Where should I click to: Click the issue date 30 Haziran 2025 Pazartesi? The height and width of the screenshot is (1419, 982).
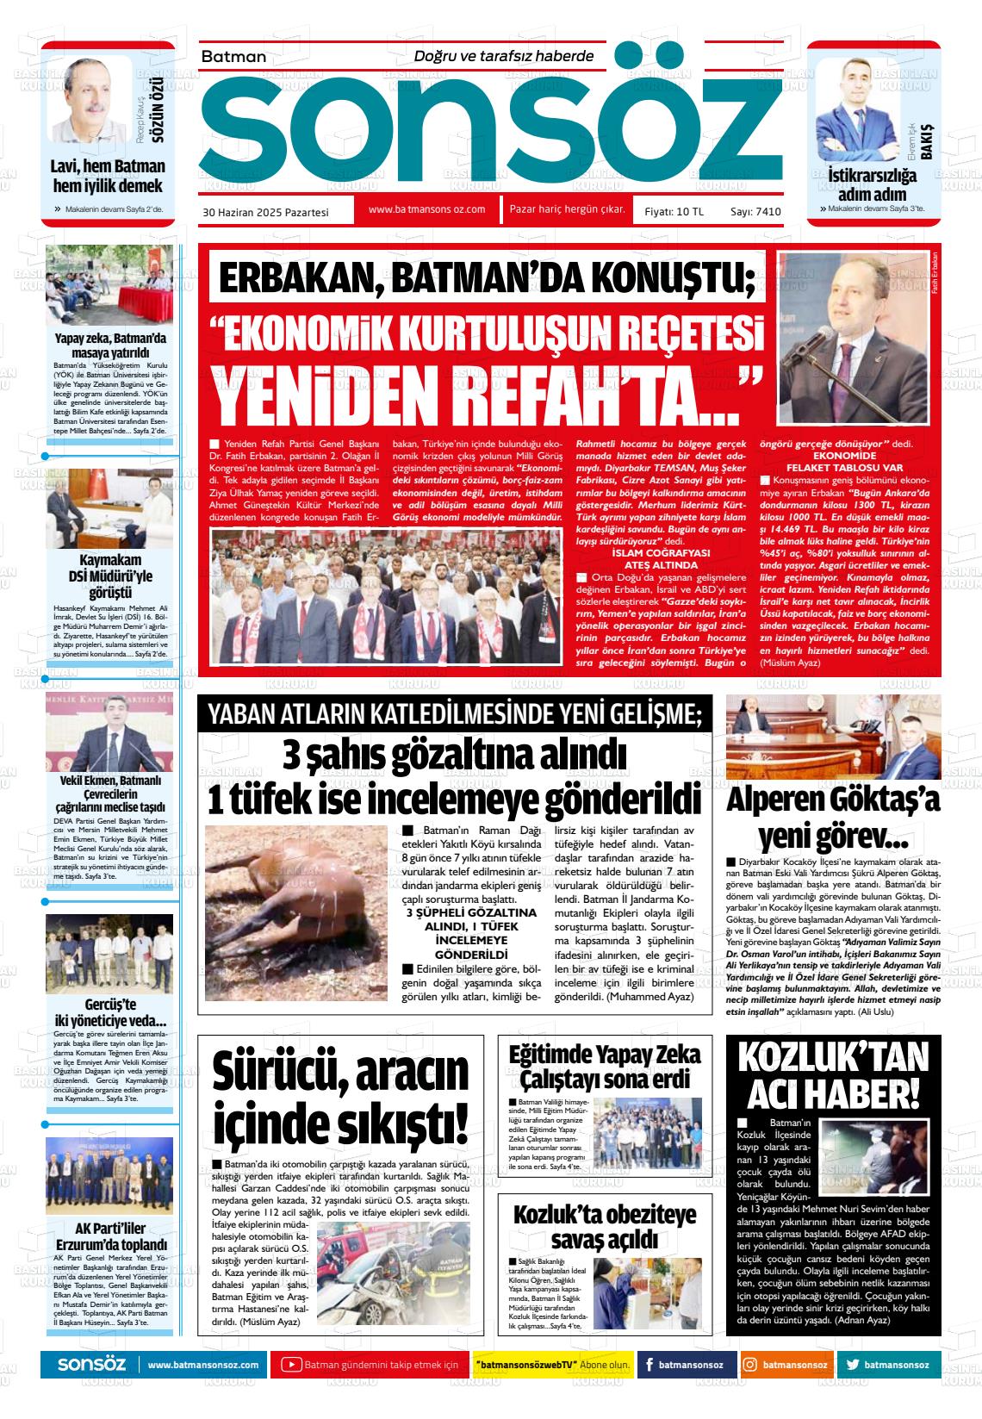[x=265, y=211]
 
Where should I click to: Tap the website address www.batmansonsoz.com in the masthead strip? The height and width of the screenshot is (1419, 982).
[x=426, y=209]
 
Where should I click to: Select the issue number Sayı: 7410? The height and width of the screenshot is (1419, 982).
[x=755, y=211]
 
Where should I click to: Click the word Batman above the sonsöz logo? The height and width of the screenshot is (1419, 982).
[x=233, y=57]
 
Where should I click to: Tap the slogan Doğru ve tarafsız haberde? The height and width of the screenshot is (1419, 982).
[x=504, y=56]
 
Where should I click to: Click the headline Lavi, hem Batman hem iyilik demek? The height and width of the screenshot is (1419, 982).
[x=109, y=176]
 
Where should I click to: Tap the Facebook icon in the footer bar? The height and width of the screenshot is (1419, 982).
[x=648, y=1365]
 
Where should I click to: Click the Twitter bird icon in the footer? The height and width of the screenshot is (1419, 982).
[x=852, y=1365]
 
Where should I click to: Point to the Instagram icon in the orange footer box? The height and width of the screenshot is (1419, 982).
[x=749, y=1365]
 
